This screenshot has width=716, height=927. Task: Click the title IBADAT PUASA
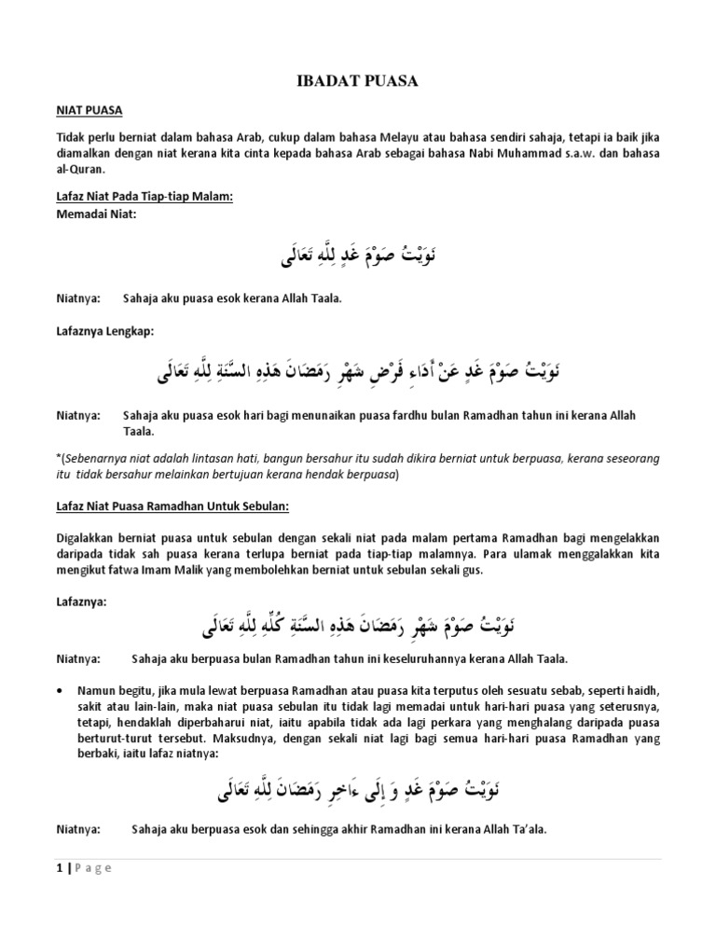click(357, 83)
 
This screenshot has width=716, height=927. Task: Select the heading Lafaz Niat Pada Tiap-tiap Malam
click(145, 196)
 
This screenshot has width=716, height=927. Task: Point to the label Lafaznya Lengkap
click(96, 331)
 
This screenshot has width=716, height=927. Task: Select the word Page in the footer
click(89, 868)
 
